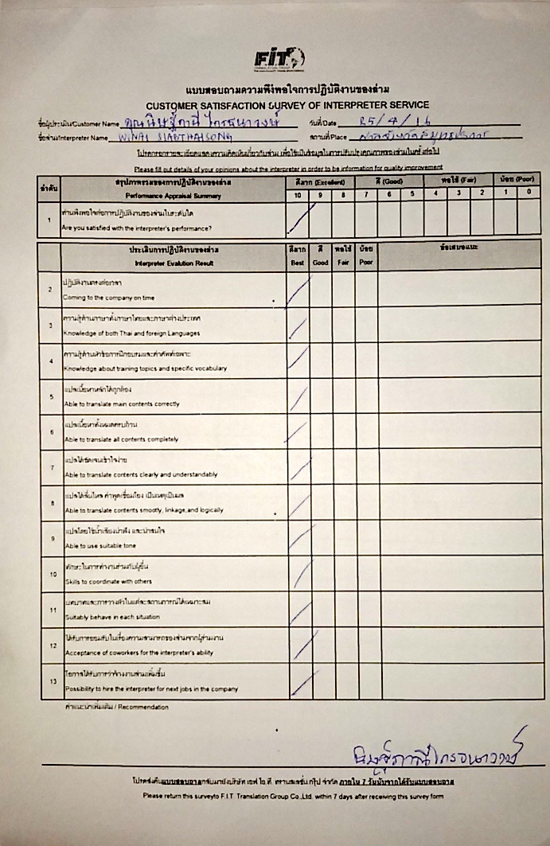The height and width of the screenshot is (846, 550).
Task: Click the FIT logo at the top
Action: (279, 58)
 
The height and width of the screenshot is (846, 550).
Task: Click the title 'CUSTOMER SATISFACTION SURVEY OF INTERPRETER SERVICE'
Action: (287, 105)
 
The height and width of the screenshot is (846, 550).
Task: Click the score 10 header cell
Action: (298, 193)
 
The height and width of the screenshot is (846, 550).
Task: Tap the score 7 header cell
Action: (367, 193)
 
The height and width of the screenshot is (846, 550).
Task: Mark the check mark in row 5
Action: (298, 398)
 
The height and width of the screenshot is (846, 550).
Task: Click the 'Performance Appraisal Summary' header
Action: (173, 194)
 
